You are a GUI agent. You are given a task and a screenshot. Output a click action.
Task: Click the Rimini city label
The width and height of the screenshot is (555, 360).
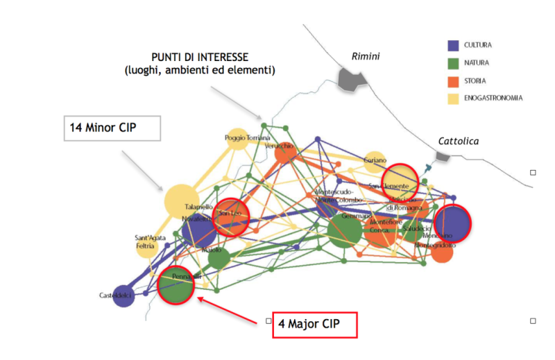click(366, 56)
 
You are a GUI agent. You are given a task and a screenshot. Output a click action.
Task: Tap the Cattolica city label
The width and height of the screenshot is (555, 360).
click(458, 142)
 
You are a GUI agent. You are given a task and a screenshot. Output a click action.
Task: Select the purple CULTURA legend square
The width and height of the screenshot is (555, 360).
click(454, 46)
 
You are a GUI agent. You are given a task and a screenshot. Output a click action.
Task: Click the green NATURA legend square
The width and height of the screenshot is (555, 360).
click(454, 63)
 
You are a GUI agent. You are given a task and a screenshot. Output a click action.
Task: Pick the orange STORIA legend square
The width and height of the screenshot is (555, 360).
click(454, 81)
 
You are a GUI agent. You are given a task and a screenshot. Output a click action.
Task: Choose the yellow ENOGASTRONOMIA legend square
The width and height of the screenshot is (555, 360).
click(454, 98)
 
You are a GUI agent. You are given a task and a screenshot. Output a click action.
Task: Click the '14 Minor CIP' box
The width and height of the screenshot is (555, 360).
click(112, 128)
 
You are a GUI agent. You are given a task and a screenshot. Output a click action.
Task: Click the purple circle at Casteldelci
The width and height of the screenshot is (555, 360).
click(123, 296)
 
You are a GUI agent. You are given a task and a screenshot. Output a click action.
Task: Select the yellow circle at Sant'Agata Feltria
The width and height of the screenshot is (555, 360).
click(146, 246)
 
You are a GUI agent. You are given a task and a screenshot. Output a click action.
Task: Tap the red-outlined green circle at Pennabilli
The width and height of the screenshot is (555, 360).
click(175, 285)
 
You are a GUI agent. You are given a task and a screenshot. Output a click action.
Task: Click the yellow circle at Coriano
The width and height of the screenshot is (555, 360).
click(375, 161)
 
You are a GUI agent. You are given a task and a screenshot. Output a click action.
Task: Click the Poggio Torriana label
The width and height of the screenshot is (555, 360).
click(246, 138)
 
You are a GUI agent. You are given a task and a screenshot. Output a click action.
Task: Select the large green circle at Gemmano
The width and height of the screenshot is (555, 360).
click(345, 230)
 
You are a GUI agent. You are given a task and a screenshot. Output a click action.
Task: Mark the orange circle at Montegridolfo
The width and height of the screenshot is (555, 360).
click(441, 252)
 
